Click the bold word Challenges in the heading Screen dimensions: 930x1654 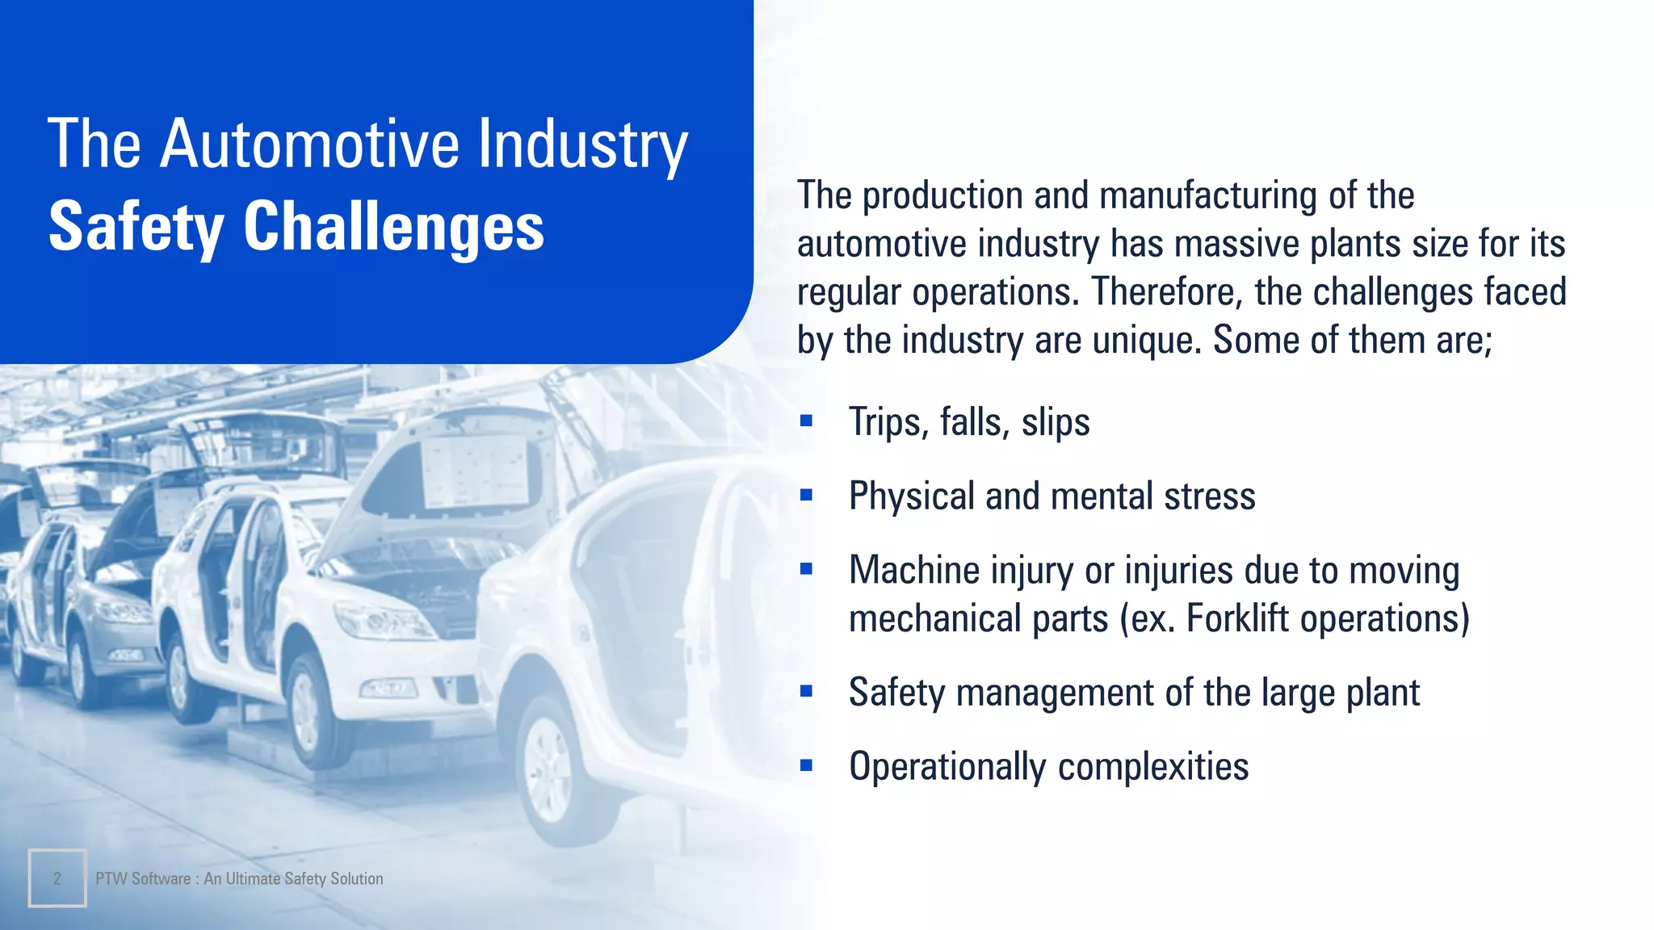pyautogui.click(x=393, y=226)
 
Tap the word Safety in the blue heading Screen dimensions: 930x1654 pyautogui.click(x=136, y=228)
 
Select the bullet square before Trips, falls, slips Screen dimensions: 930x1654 pyautogui.click(x=806, y=421)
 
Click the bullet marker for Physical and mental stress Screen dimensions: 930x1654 pyautogui.click(x=806, y=495)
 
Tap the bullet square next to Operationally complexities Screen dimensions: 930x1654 pyautogui.click(x=806, y=765)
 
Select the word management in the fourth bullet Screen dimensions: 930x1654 pyautogui.click(x=1055, y=693)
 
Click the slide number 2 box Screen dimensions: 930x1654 pyautogui.click(x=57, y=878)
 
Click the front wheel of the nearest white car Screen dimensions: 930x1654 pyautogui.click(x=548, y=767)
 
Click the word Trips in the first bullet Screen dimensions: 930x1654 pyautogui.click(x=884, y=421)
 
